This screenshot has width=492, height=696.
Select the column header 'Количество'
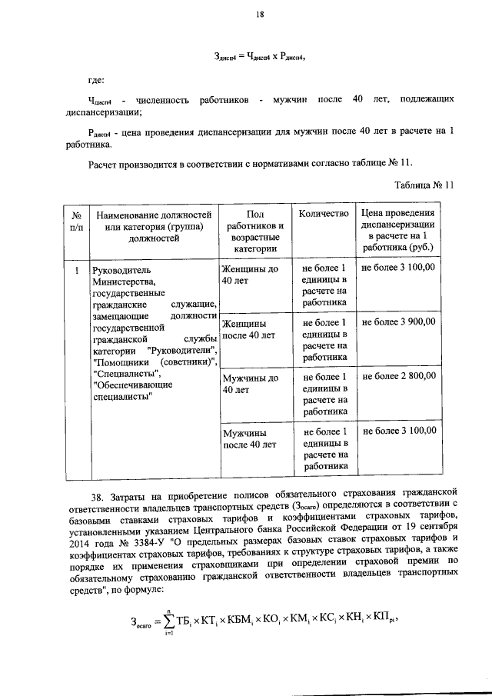point(324,213)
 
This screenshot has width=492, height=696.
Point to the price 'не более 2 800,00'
point(399,376)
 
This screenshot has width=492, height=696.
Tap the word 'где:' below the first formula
point(96,79)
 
